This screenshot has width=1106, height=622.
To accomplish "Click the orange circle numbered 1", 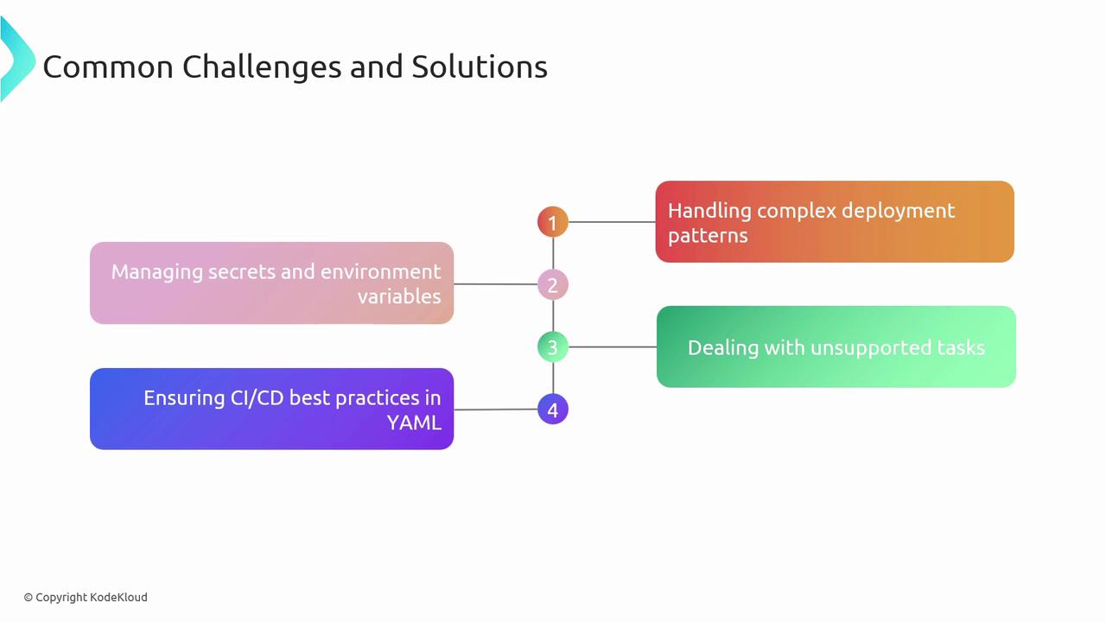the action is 552,222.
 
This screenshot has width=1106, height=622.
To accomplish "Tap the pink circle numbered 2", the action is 552,284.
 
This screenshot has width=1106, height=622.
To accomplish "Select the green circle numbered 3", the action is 552,347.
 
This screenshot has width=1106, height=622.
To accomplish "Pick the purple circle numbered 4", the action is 552,409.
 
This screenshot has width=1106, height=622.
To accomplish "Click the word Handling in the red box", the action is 709,212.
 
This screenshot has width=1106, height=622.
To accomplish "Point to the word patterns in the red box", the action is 708,236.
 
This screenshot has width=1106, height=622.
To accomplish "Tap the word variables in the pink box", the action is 399,296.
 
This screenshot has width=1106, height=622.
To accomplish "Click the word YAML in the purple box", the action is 414,423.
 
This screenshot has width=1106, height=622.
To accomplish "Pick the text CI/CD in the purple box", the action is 257,398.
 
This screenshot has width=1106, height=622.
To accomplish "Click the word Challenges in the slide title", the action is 262,67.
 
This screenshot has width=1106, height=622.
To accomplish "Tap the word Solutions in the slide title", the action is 480,67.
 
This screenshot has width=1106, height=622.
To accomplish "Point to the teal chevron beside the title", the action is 20,60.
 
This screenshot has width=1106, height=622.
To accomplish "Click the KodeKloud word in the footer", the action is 118,597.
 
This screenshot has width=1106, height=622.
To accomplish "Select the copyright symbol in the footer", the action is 29,598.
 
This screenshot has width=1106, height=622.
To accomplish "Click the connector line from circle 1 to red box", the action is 612,222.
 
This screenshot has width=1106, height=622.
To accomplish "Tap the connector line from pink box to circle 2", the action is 495,284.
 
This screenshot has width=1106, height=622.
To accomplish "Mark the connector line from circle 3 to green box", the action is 613,347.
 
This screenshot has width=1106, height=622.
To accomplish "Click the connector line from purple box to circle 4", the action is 495,409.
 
